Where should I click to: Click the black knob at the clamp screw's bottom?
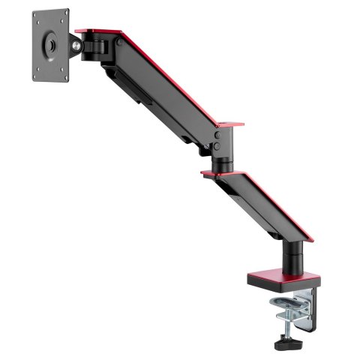tap(286, 346)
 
